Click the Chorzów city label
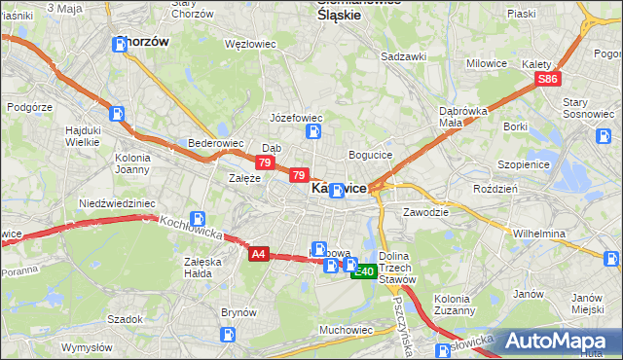tap(143, 42)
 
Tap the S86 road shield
tap(548, 79)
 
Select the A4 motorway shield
tap(257, 254)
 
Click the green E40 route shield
tap(363, 271)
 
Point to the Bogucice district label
tap(370, 155)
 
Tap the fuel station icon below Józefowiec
tap(313, 131)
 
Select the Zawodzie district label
tap(425, 211)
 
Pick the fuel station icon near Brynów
tap(228, 335)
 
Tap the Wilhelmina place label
tap(539, 234)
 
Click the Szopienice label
tap(525, 165)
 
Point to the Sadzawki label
tap(404, 56)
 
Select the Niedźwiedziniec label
tap(117, 203)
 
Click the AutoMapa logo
tap(558, 341)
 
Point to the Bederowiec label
tap(215, 142)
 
